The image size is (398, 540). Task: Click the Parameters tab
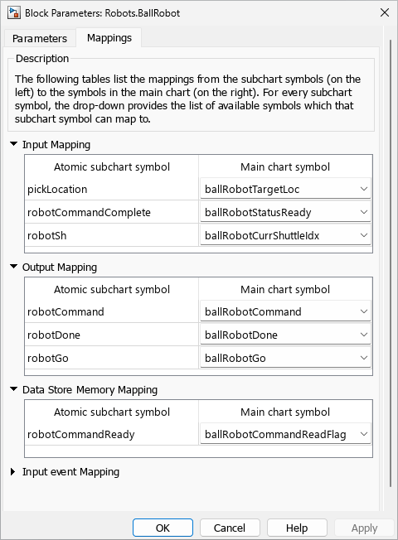point(40,38)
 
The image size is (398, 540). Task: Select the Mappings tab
point(109,38)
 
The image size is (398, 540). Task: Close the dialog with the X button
point(384,12)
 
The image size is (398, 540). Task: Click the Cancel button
point(230,528)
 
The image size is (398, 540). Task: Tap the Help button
point(297,528)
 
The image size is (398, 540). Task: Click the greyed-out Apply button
point(364,528)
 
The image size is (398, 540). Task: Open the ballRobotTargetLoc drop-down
point(285,189)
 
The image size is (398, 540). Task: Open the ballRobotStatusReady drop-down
point(285,212)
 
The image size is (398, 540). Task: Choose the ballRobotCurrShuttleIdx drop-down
point(285,235)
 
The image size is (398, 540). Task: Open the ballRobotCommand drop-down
point(285,311)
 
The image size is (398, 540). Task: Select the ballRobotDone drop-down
point(285,335)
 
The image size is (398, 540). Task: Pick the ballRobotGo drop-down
point(285,358)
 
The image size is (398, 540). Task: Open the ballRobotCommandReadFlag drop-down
point(285,434)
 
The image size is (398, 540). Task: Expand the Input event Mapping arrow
point(13,472)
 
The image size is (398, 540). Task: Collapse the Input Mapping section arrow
point(13,144)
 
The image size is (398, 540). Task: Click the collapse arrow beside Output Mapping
point(13,267)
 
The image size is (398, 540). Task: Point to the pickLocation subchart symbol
point(57,189)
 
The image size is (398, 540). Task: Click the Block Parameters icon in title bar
point(14,12)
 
